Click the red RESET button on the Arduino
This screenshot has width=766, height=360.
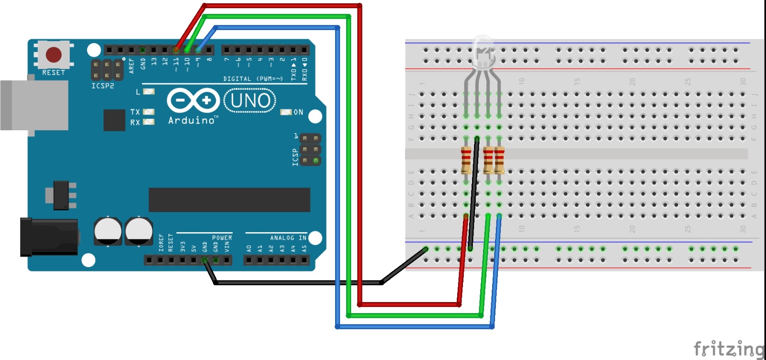53,55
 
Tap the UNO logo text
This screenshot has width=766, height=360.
250,101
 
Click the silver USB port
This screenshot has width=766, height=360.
34,105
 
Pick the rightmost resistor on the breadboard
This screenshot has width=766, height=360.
499,160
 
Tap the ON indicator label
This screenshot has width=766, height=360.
298,112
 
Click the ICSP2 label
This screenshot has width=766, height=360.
102,86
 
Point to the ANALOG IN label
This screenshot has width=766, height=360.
288,238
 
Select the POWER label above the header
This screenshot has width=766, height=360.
222,238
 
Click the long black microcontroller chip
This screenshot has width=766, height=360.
229,200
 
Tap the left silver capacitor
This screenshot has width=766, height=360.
108,231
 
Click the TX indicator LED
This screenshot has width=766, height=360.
149,112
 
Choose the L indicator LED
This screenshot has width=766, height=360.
149,91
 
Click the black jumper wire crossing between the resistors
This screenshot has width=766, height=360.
474,191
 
